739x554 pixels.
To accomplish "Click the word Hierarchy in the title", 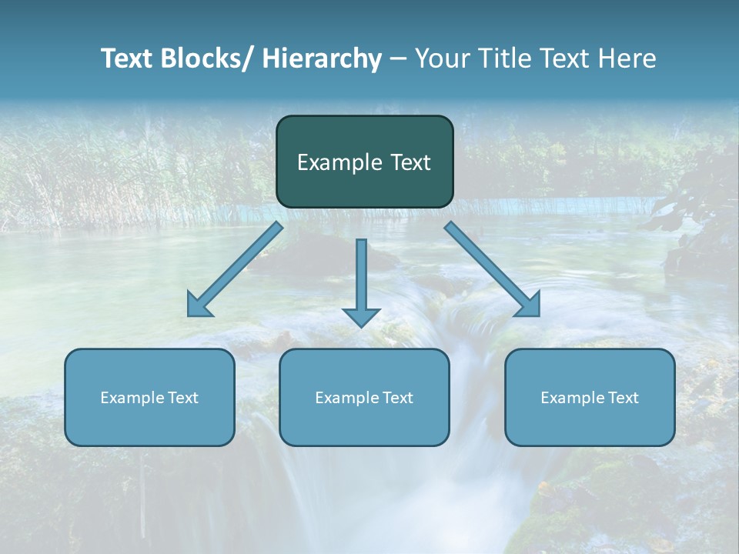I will [x=322, y=58].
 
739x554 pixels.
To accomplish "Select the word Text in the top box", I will [x=410, y=162].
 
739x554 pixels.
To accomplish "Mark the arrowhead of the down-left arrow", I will [x=199, y=305].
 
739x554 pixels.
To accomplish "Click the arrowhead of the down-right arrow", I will [x=528, y=305].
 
